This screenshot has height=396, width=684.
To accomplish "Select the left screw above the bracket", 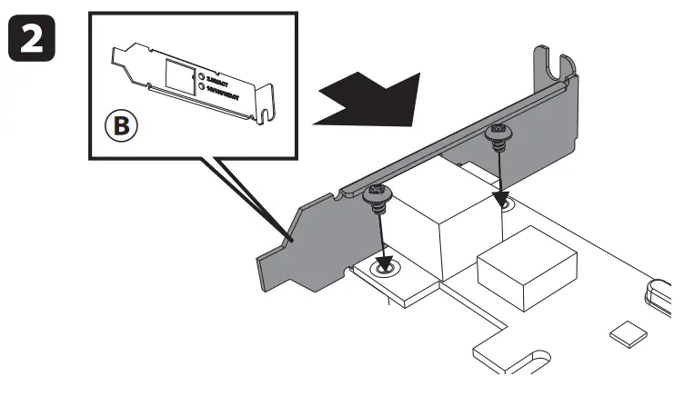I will pyautogui.click(x=377, y=193).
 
